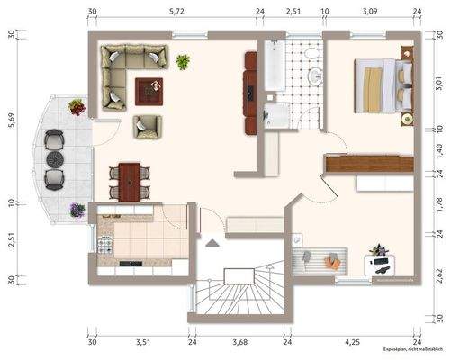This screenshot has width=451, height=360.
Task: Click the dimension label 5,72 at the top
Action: [x=176, y=12]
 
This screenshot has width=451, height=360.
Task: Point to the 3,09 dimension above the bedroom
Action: [x=370, y=12]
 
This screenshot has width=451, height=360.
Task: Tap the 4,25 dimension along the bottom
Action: [x=351, y=342]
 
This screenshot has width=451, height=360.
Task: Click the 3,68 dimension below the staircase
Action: [x=239, y=342]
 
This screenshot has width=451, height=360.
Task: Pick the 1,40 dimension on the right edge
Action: [x=440, y=151]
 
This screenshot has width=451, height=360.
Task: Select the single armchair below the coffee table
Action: [x=147, y=127]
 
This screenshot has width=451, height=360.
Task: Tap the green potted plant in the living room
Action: [x=183, y=62]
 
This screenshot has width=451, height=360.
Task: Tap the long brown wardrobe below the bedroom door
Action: [x=343, y=165]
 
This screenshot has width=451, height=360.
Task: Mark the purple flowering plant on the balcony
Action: [x=77, y=106]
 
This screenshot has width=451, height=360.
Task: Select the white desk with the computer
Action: [x=382, y=264]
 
